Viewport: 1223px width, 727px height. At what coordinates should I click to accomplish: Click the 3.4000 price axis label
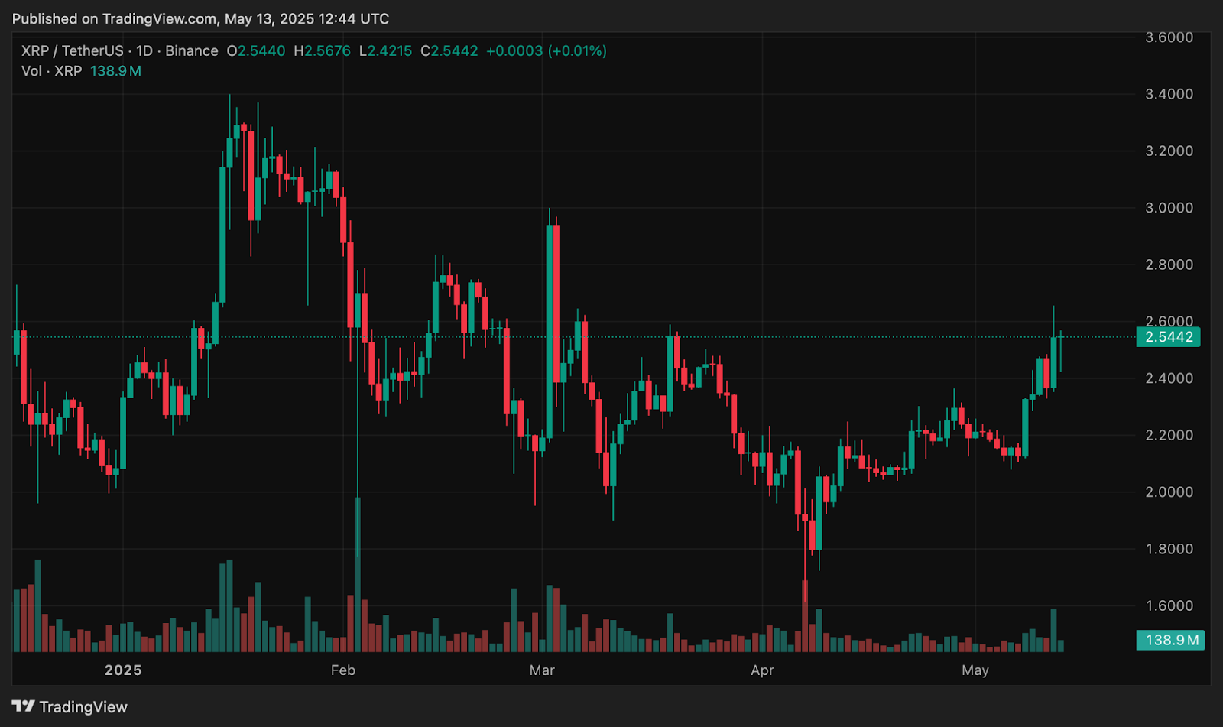1169,94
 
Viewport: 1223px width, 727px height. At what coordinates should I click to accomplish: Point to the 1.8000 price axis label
1169,549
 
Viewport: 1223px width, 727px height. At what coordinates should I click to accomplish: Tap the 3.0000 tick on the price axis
1169,208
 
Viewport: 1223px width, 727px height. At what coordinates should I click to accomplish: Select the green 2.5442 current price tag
1168,337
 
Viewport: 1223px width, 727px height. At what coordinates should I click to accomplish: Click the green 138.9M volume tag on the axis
1170,640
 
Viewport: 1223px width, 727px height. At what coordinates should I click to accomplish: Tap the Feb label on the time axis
342,670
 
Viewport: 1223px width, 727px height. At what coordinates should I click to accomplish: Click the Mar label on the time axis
542,670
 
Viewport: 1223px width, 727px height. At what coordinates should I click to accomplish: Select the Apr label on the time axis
762,670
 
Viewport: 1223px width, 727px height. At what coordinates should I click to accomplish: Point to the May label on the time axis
975,670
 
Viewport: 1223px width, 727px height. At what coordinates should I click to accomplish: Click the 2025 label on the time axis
123,670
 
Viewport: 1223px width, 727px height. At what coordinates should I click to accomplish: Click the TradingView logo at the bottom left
70,707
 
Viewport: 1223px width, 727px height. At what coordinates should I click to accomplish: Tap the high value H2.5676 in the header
323,51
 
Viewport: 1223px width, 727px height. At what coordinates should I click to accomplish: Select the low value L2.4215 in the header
386,51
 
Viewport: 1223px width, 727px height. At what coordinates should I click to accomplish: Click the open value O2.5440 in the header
256,51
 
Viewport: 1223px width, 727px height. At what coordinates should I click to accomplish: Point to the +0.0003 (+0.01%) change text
547,51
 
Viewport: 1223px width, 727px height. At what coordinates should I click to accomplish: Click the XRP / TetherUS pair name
73,51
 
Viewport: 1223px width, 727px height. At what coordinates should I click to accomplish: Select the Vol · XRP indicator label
51,71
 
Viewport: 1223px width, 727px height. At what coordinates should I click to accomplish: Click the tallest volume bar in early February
357,573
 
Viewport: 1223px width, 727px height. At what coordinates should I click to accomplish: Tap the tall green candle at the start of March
550,329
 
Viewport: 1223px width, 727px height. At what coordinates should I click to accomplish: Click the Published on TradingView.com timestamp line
200,19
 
